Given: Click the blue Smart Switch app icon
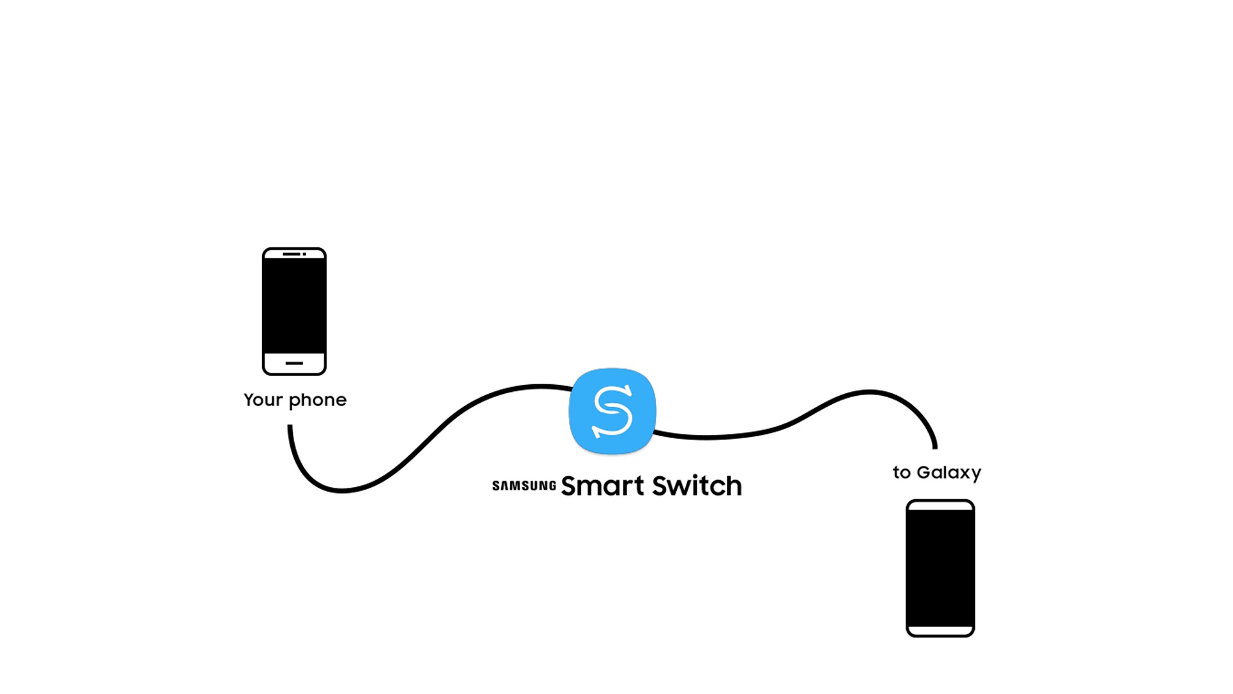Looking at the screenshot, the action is coord(613,411).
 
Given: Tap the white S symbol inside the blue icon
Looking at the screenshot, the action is coord(613,412).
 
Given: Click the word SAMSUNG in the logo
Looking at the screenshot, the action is coord(524,486).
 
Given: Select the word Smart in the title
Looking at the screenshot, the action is coord(602,486).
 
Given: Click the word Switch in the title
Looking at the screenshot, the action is coord(697,486).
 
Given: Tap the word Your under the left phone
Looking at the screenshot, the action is coord(263,400).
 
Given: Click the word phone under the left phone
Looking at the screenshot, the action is coord(318,400).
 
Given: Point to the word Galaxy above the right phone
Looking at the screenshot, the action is coord(949,473).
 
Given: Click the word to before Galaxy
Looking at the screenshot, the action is coord(902,473).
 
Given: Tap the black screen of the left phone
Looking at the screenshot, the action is coord(294,306).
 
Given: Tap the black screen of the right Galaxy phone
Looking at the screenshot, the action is coord(940,568).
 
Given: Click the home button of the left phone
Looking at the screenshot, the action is coord(294,363).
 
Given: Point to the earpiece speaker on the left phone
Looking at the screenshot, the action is coord(292,254).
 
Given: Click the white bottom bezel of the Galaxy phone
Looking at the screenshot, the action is coord(940,630).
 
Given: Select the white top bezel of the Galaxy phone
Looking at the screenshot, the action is coord(940,506).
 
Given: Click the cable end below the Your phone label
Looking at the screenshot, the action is coord(290,427).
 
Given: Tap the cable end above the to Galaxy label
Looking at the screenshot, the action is coord(935,446).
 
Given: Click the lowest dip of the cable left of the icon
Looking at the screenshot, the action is coord(343,491).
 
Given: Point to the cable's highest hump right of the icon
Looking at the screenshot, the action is coord(869,391).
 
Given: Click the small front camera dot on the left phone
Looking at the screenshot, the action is coord(304,254).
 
